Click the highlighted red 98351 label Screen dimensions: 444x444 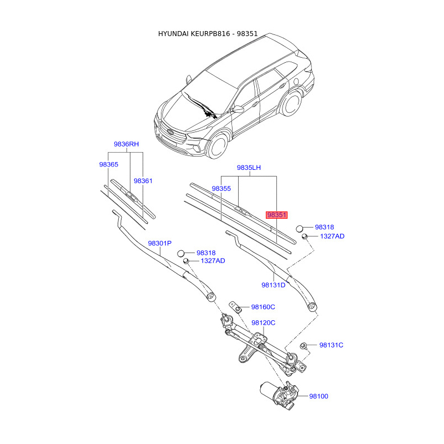(x=277, y=215)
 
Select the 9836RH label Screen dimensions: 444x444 (x=126, y=144)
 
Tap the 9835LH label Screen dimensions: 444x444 (x=249, y=168)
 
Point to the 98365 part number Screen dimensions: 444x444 (x=109, y=165)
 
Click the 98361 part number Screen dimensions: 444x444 (x=143, y=181)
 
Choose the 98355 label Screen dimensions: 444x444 (x=221, y=189)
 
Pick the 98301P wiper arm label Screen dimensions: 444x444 (x=159, y=244)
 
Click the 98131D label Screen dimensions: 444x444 (x=273, y=285)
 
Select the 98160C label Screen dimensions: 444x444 (x=263, y=307)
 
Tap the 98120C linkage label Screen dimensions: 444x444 (x=263, y=322)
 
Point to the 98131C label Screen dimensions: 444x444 (x=331, y=345)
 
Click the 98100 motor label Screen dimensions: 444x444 (x=319, y=396)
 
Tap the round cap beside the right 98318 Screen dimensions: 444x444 (x=300, y=228)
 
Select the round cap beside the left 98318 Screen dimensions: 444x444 (x=181, y=254)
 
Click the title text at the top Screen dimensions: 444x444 (x=208, y=34)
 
